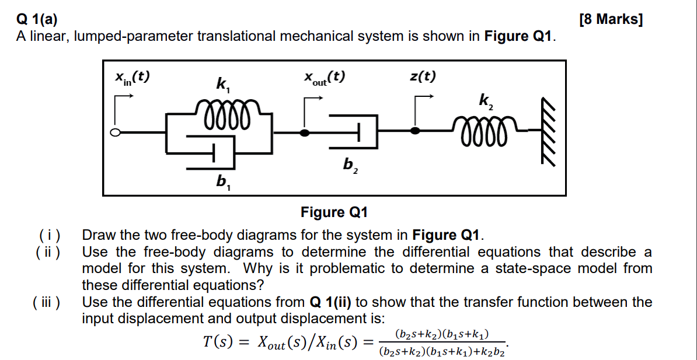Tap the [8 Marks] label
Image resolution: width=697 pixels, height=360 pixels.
coord(611,19)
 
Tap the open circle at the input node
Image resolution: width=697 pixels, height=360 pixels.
coord(116,132)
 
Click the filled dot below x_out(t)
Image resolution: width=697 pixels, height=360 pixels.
coord(305,132)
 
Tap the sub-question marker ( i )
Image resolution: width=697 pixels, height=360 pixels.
coord(50,236)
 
